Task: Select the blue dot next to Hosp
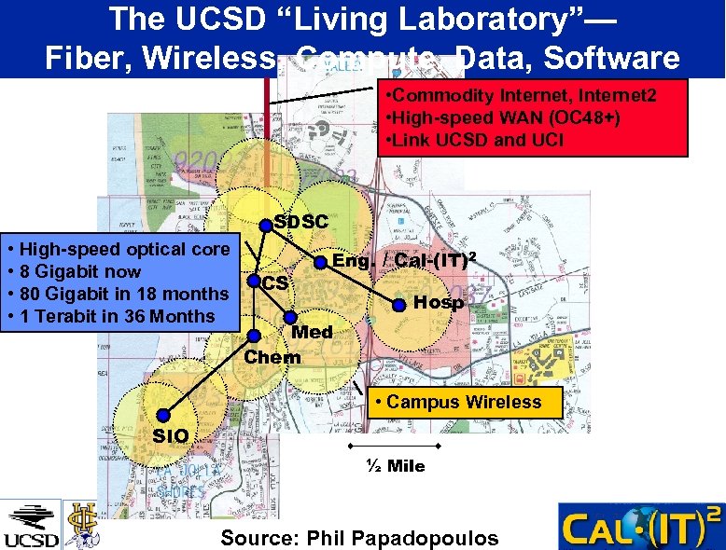pos(398,304)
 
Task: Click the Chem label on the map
pos(272,357)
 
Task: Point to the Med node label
pos(312,333)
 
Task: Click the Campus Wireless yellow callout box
pos(464,403)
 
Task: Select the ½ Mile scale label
pos(396,466)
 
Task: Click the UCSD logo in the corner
pos(31,526)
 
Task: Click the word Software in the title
pos(612,58)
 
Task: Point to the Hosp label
pos(438,303)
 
